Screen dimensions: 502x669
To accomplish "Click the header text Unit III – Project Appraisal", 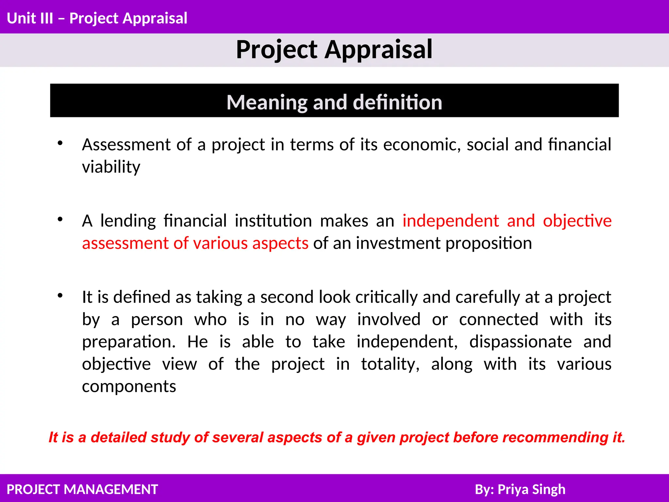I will [97, 18].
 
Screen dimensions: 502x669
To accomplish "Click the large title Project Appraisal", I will [334, 50].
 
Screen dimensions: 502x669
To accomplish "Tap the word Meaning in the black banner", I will [267, 102].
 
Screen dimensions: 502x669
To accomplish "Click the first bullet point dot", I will [60, 143].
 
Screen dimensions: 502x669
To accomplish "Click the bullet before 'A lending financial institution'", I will [60, 219].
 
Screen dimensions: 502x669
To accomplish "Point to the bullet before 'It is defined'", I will [60, 295].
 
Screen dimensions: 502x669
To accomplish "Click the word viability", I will [111, 167].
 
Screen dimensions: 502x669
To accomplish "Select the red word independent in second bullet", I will [450, 221].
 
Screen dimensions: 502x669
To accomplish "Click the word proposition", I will [489, 243].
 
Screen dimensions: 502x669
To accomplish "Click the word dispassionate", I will [520, 342].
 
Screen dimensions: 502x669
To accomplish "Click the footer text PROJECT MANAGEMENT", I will [82, 489].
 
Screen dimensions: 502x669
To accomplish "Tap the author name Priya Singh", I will [531, 489].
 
